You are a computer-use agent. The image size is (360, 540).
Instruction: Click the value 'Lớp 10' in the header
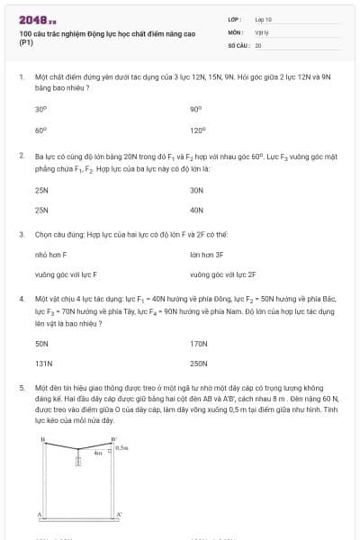coord(264,19)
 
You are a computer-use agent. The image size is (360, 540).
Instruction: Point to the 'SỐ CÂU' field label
coord(238,44)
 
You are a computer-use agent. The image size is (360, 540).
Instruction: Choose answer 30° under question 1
coord(40,109)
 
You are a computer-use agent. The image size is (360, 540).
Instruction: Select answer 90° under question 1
coord(196,109)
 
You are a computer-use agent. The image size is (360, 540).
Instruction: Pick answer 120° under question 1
coord(198,130)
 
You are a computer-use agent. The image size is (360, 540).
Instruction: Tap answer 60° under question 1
coord(40,130)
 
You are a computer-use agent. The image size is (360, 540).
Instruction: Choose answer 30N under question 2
coord(197,190)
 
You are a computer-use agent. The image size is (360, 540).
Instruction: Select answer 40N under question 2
coord(197,210)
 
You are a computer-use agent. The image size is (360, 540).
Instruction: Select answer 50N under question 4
coord(41,344)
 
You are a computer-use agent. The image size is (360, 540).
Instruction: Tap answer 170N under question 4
coord(199,344)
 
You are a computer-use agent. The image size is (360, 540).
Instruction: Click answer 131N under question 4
coord(43,364)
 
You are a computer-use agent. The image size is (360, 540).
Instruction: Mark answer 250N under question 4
coord(199,364)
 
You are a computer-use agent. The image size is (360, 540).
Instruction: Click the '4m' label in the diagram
coord(98,453)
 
